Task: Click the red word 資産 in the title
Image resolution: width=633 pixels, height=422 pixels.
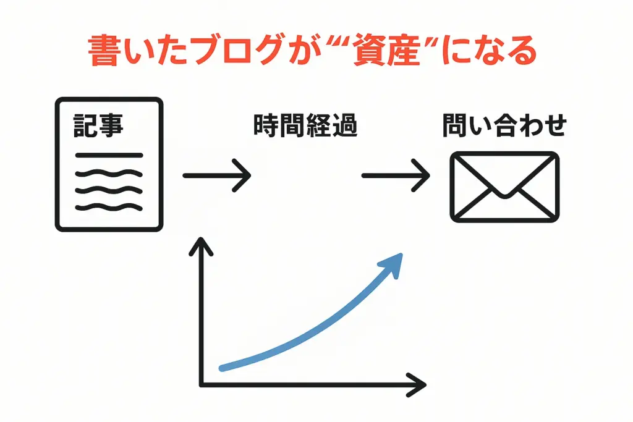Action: click(386, 51)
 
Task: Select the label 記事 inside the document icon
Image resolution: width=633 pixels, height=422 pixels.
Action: click(98, 125)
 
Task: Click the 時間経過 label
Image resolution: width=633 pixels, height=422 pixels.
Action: click(305, 125)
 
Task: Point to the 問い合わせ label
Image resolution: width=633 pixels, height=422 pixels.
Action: click(504, 125)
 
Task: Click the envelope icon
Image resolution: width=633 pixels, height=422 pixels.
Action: click(504, 187)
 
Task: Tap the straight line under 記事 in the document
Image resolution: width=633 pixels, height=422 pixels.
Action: click(109, 155)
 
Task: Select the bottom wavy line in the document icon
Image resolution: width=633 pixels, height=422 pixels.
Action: click(109, 208)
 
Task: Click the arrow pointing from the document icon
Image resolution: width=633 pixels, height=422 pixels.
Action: click(217, 175)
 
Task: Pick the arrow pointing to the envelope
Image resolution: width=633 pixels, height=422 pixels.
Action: click(396, 175)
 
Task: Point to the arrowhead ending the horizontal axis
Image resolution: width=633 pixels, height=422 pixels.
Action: click(417, 385)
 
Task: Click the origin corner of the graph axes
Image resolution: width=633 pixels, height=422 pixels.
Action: click(201, 385)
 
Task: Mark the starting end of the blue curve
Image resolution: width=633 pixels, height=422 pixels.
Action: click(222, 368)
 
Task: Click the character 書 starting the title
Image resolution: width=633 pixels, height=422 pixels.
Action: click(103, 51)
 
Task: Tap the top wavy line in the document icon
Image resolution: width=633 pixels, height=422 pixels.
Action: click(109, 173)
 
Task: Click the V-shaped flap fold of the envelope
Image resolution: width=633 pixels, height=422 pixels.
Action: click(504, 178)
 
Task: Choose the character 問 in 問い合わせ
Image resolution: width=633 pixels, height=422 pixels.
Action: click(455, 125)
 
